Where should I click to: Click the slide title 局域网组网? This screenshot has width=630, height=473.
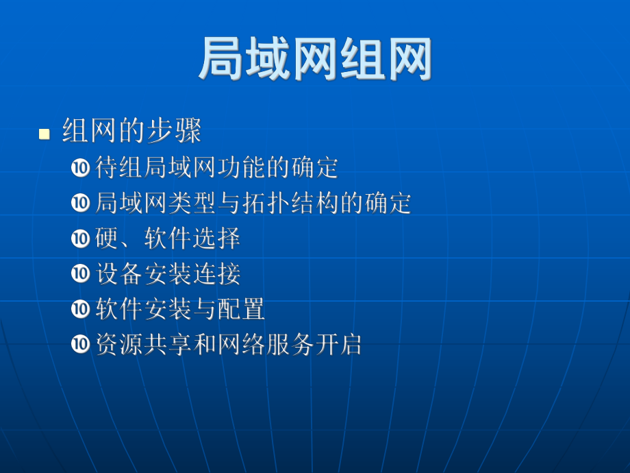315,60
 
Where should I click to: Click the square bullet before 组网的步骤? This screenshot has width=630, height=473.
45,134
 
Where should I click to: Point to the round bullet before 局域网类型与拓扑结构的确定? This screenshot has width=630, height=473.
81,203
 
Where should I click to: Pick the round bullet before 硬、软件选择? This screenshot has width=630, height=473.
81,239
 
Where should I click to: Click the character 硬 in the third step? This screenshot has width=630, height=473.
108,239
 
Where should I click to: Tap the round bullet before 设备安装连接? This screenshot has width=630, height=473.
81,274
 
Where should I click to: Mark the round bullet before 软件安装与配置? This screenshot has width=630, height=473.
81,309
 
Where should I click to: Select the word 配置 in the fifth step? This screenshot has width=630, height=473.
241,309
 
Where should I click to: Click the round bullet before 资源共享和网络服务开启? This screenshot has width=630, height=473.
81,345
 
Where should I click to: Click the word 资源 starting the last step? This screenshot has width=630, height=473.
120,345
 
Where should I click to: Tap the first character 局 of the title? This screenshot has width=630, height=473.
221,60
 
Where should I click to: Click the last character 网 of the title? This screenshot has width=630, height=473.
409,60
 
